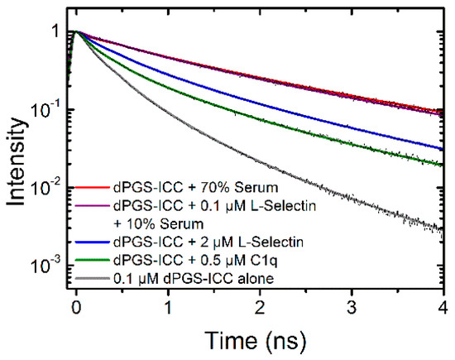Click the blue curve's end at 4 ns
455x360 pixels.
click(x=443, y=149)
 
